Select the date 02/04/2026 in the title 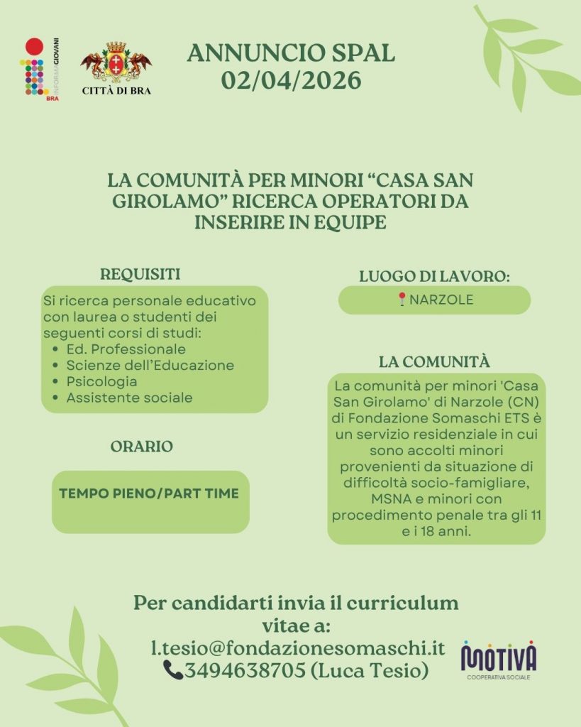click(291, 80)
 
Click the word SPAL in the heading click(359, 53)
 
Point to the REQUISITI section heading click(140, 273)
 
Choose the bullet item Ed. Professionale click(126, 349)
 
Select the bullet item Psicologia click(101, 381)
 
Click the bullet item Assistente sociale click(129, 398)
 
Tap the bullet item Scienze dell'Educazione click(150, 366)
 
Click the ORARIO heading click(142, 447)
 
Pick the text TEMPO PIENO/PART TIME click(149, 493)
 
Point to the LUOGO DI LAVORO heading click(435, 277)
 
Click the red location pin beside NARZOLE click(402, 300)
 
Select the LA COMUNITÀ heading click(434, 361)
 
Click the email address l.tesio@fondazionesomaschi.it click(298, 647)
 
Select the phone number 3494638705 click(245, 669)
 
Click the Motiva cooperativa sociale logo click(498, 659)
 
